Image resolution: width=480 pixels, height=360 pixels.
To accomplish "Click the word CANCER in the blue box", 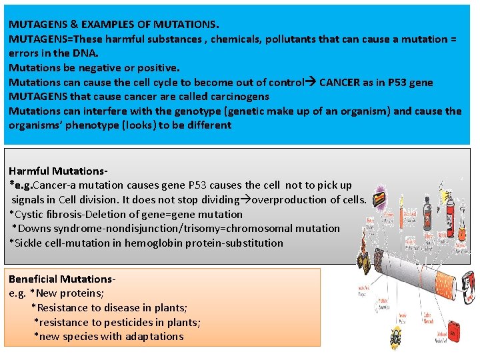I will pos(341,83).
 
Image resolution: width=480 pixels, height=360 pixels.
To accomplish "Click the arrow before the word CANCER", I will pos(311,83).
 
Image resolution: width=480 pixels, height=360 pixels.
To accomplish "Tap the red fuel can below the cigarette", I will pos(454,328).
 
